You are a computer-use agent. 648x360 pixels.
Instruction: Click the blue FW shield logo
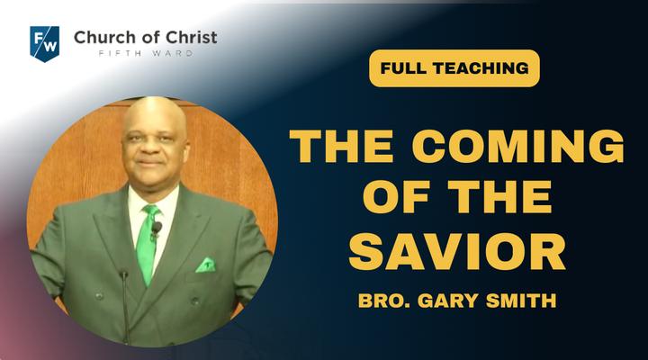pos(45,44)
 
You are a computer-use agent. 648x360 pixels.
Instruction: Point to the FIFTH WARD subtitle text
pos(146,53)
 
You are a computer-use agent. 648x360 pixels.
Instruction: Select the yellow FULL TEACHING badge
pos(454,68)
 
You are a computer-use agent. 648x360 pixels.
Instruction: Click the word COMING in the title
pos(517,147)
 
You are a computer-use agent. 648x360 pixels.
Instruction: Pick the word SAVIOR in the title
pos(457,251)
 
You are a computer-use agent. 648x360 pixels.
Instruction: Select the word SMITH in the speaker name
pos(521,301)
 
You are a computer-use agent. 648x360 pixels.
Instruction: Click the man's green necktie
pos(148,244)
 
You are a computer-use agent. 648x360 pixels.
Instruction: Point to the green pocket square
pos(206,265)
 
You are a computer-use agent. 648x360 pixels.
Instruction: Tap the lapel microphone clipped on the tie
pos(157,229)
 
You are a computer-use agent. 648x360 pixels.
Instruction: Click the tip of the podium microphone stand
pos(123,273)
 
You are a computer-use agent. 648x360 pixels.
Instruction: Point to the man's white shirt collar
pos(154,199)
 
